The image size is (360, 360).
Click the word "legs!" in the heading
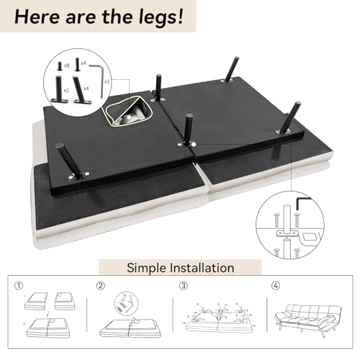pos(161,17)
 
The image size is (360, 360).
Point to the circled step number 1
pos(19,286)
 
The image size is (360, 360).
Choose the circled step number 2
pos(101,286)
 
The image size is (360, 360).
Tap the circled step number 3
pos(184,286)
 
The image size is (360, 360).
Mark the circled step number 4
pos(276,286)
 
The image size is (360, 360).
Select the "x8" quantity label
pos(66,66)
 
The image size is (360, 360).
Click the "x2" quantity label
pos(66,90)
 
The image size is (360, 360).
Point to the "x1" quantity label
pos(107,81)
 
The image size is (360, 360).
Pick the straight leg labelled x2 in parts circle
pos(58,89)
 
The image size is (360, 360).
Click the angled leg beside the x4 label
pos(81,89)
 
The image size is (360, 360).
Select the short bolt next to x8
pos(60,66)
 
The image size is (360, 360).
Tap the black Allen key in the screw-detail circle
pos(303,203)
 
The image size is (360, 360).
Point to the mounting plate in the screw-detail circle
pos(287,233)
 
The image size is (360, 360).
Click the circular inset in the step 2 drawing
pos(126,304)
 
